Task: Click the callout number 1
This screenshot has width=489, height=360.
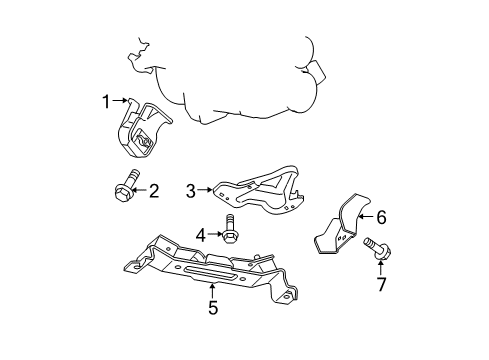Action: [x=105, y=100]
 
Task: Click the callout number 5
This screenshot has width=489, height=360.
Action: [x=213, y=308]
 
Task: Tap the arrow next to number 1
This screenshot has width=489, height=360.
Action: [x=120, y=100]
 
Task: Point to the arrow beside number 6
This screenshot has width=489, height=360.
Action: [x=364, y=214]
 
